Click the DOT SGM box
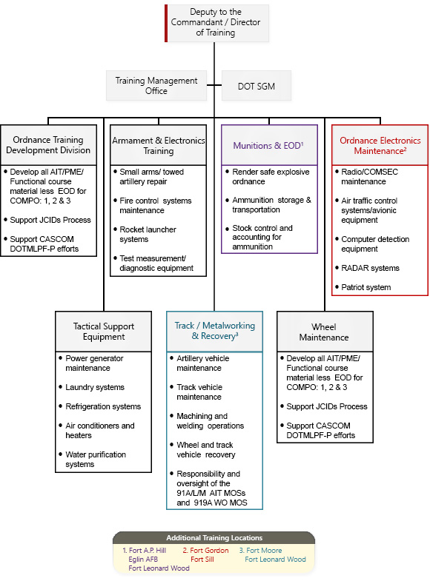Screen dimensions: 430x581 pos(257,86)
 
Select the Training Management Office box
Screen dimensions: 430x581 pos(156,86)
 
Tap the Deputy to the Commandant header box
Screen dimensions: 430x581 pos(216,23)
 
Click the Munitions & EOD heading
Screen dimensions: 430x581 pos(268,146)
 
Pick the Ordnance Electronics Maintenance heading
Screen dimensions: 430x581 pos(380,146)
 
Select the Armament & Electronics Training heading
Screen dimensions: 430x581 pos(159,146)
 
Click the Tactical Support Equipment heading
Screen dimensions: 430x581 pos(104,332)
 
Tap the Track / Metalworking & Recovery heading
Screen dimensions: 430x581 pos(215,331)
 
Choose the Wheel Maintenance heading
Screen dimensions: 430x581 pos(324,332)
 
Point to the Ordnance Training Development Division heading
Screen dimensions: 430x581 pos(48,145)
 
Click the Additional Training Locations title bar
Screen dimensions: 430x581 pos(214,537)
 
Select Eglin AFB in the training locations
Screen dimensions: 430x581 pos(143,559)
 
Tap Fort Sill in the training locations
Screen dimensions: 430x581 pos(202,559)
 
